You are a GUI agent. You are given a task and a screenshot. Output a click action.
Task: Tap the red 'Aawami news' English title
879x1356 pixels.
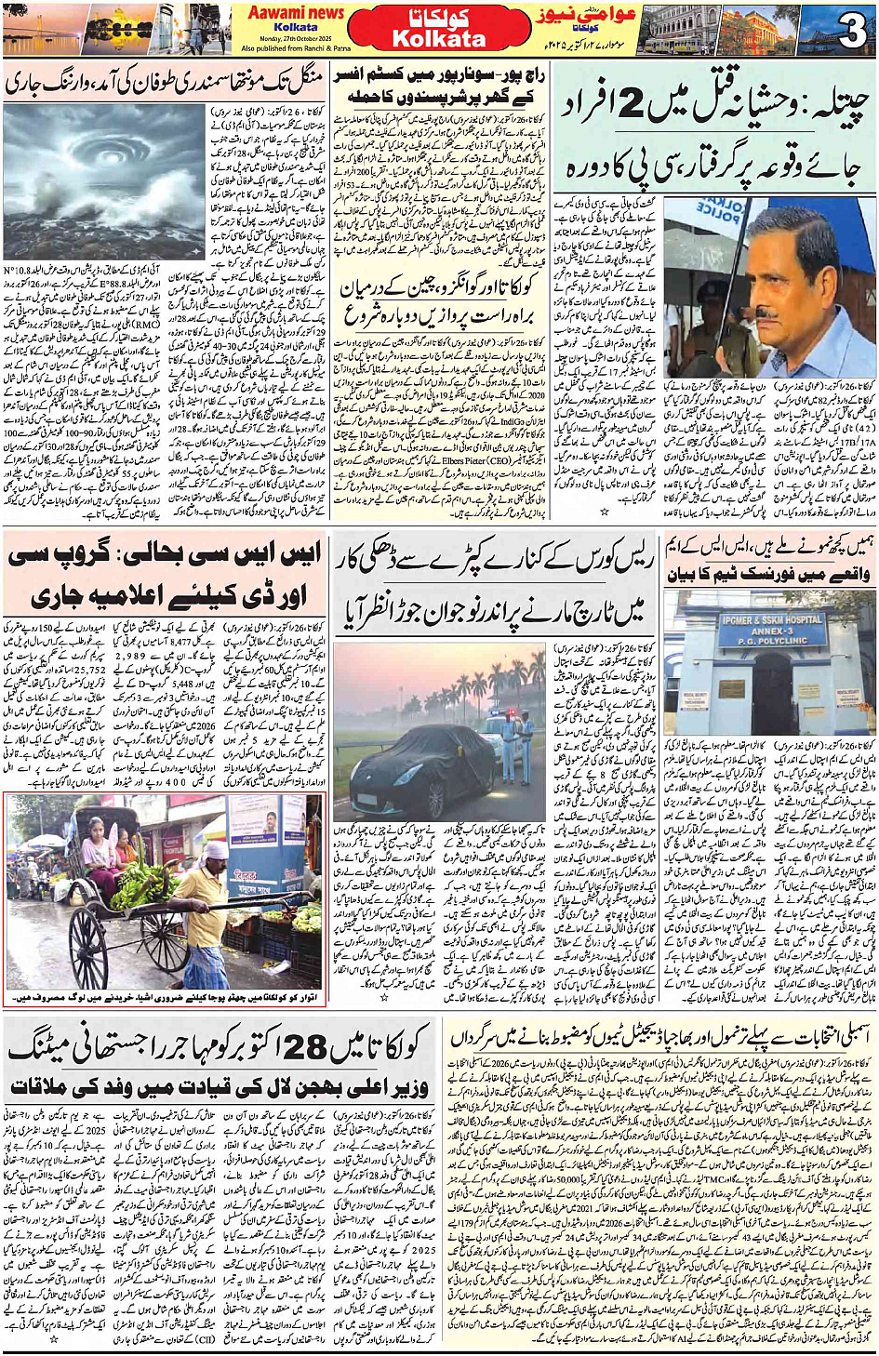pyautogui.click(x=295, y=13)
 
